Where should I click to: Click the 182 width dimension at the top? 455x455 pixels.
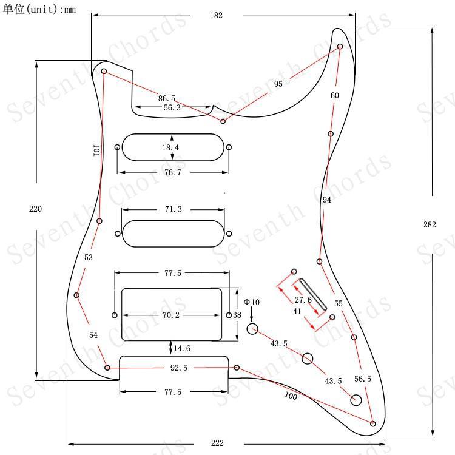(x=216, y=15)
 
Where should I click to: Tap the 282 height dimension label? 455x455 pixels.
(x=430, y=224)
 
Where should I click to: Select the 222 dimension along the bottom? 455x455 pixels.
(x=217, y=443)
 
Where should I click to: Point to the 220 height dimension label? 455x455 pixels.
(x=35, y=209)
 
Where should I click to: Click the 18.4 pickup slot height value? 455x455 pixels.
(x=170, y=147)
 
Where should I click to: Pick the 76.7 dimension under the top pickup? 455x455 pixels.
(x=173, y=172)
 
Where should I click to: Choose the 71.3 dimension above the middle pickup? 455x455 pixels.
(x=174, y=209)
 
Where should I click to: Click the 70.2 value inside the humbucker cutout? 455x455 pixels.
(x=171, y=315)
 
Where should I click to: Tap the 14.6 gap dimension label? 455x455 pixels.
(x=182, y=348)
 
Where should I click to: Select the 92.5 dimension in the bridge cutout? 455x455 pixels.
(x=179, y=368)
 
